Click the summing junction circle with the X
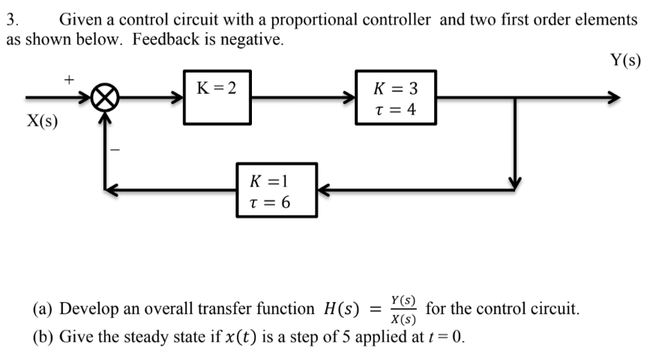click(x=105, y=98)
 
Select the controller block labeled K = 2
click(x=217, y=97)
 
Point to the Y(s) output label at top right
click(x=626, y=60)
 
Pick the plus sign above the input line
click(x=69, y=77)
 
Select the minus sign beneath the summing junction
click(x=115, y=150)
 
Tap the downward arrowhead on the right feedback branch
click(x=514, y=184)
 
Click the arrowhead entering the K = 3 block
click(x=349, y=98)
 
